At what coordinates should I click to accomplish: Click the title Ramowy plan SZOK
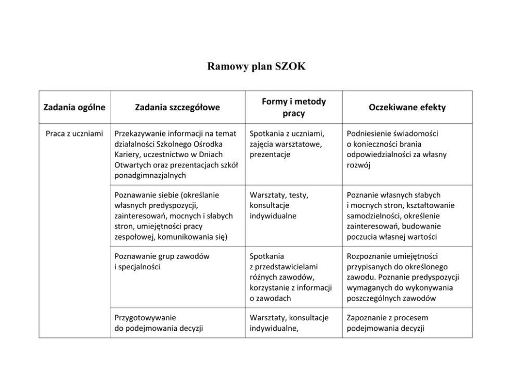257,67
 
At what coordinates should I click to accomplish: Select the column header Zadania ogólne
74,108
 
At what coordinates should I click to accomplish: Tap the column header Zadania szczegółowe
177,108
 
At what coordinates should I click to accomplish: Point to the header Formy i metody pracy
293,107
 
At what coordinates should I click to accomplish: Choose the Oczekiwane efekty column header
407,108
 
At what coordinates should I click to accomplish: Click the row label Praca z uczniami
74,134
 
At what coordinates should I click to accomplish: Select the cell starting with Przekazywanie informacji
175,154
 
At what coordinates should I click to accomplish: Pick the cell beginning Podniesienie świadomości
396,149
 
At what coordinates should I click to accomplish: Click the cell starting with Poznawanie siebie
174,216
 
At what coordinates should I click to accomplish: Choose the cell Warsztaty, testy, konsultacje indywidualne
279,205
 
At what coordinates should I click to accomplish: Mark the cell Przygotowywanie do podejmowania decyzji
158,323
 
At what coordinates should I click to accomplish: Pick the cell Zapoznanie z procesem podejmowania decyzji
388,323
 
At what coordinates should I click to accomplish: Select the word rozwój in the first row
358,165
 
